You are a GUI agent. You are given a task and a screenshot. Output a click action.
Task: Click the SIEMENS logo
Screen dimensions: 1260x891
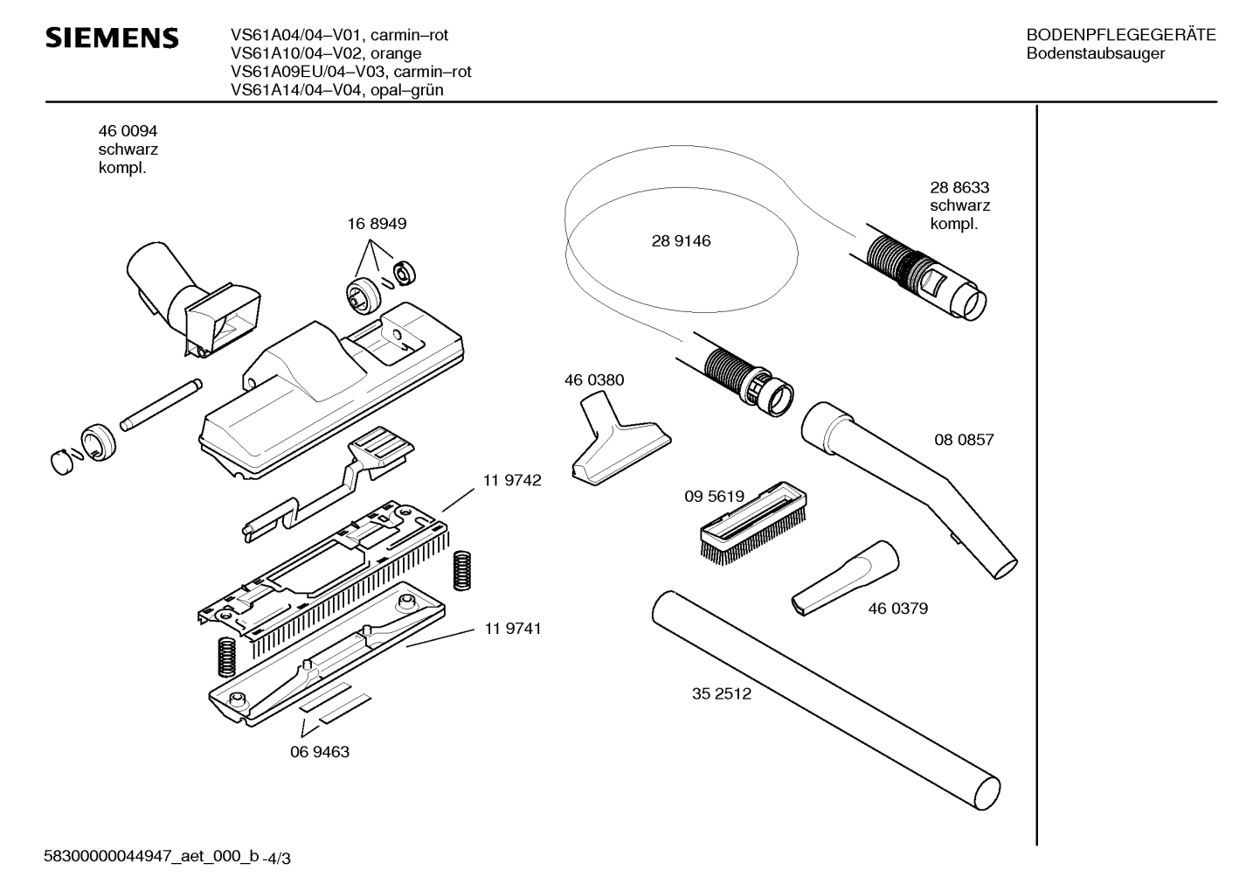point(112,38)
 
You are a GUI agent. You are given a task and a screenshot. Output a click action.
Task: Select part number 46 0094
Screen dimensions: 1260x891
point(128,131)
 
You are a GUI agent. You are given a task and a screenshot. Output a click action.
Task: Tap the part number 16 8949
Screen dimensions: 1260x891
point(377,224)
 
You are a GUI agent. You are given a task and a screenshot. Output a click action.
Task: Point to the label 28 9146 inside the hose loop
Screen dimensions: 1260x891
point(681,241)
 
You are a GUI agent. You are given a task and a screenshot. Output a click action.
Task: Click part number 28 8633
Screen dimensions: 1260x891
point(959,187)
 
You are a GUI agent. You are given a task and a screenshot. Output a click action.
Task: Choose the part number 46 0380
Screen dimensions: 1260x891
point(594,380)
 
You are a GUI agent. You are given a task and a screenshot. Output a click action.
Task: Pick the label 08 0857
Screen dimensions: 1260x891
point(964,440)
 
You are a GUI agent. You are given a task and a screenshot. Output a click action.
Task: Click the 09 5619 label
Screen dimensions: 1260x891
point(714,497)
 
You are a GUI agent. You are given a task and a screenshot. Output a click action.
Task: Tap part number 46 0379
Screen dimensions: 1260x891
point(897,609)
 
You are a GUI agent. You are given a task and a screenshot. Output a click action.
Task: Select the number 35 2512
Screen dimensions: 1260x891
point(721,693)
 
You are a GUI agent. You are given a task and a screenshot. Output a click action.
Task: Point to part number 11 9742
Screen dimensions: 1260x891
point(512,480)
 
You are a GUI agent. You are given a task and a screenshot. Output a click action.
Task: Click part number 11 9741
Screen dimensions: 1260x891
point(512,628)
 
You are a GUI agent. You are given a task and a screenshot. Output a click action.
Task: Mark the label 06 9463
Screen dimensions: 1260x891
point(320,752)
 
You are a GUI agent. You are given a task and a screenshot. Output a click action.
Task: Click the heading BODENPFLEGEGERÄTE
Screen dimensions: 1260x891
point(1121,35)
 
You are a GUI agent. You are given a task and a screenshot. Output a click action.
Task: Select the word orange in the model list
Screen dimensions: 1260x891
point(396,54)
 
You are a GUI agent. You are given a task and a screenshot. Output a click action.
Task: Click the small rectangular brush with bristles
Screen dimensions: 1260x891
point(753,523)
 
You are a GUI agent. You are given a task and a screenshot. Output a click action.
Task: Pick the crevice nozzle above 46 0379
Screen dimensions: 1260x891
point(845,578)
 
